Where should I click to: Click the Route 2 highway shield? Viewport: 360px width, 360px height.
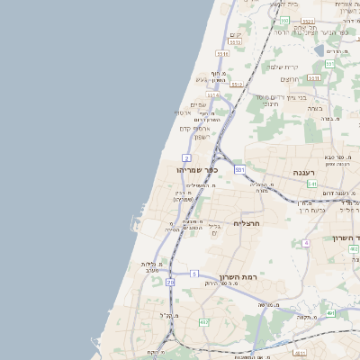(186, 157)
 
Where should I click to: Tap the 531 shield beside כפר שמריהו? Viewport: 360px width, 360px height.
(239, 168)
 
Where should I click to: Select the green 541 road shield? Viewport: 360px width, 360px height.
(311, 183)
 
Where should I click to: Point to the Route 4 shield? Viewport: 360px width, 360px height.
(306, 242)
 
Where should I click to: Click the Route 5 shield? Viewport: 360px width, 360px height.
(193, 273)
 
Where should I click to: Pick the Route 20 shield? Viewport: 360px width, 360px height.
(170, 282)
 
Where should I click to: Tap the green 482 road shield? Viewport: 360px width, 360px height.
(204, 321)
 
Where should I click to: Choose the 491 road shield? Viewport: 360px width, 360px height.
(330, 312)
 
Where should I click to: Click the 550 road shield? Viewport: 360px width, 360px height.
(283, 19)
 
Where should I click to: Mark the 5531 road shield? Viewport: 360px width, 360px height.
(308, 21)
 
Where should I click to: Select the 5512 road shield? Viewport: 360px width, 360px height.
(238, 85)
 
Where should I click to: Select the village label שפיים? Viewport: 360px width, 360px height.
(199, 104)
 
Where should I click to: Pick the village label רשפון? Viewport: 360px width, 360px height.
(201, 137)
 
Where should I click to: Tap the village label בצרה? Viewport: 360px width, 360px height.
(314, 107)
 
